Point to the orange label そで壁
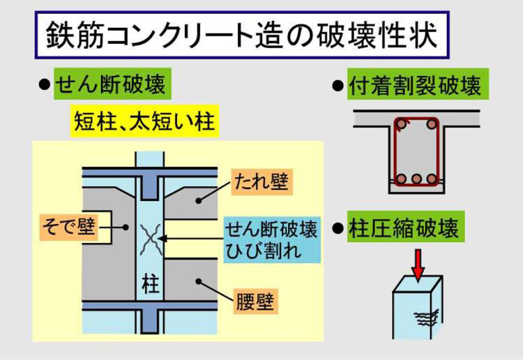(68, 226)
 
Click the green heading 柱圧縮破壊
(405, 229)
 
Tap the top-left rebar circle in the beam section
(400, 126)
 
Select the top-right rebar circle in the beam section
(432, 126)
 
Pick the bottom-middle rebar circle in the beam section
(416, 179)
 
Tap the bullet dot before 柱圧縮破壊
(339, 229)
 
